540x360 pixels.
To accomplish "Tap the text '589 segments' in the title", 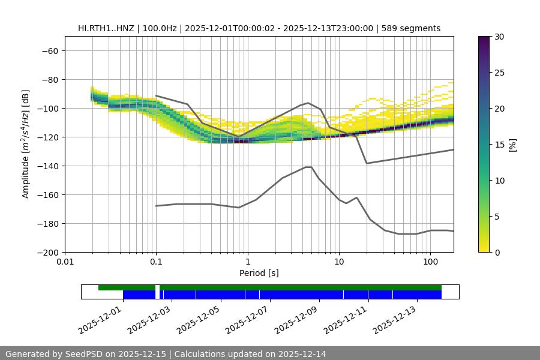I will point(413,28).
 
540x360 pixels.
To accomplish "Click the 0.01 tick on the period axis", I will point(65,262).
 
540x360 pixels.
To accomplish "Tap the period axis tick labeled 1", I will point(247,262).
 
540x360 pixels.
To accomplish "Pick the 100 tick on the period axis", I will point(430,262).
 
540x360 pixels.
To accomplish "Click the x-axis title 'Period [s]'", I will point(259,273).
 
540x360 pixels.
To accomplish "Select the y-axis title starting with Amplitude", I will point(26,144).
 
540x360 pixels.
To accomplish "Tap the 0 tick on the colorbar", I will point(498,252).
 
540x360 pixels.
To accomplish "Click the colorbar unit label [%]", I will point(512,145).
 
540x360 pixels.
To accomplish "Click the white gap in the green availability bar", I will point(157,288).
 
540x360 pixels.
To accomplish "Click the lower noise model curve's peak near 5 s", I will point(308,167).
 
